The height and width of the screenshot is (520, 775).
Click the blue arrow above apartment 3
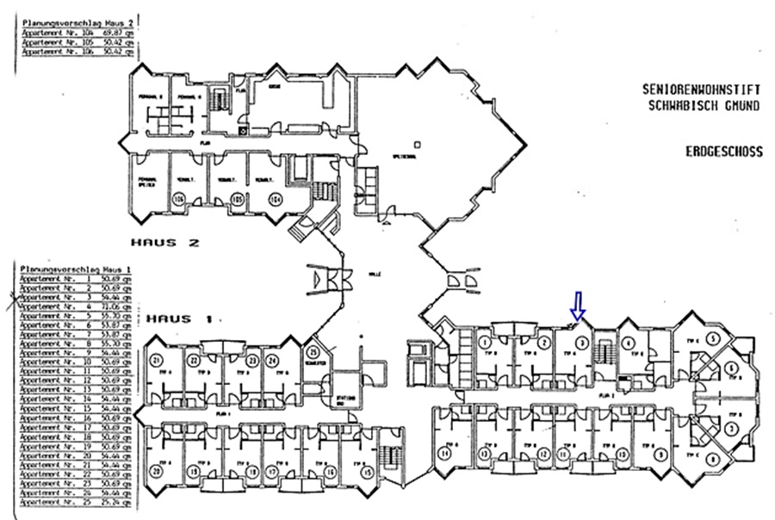click(x=578, y=305)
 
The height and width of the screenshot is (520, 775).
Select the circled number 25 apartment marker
click(x=313, y=352)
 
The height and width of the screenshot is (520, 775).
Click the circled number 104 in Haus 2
click(x=275, y=200)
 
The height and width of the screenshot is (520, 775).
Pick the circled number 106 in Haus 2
click(x=177, y=200)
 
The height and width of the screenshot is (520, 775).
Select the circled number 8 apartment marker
click(x=713, y=459)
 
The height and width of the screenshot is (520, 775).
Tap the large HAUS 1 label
click(x=178, y=319)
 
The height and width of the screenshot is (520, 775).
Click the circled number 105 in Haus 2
click(x=239, y=200)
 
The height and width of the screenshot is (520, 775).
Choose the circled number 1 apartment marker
click(x=485, y=342)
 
